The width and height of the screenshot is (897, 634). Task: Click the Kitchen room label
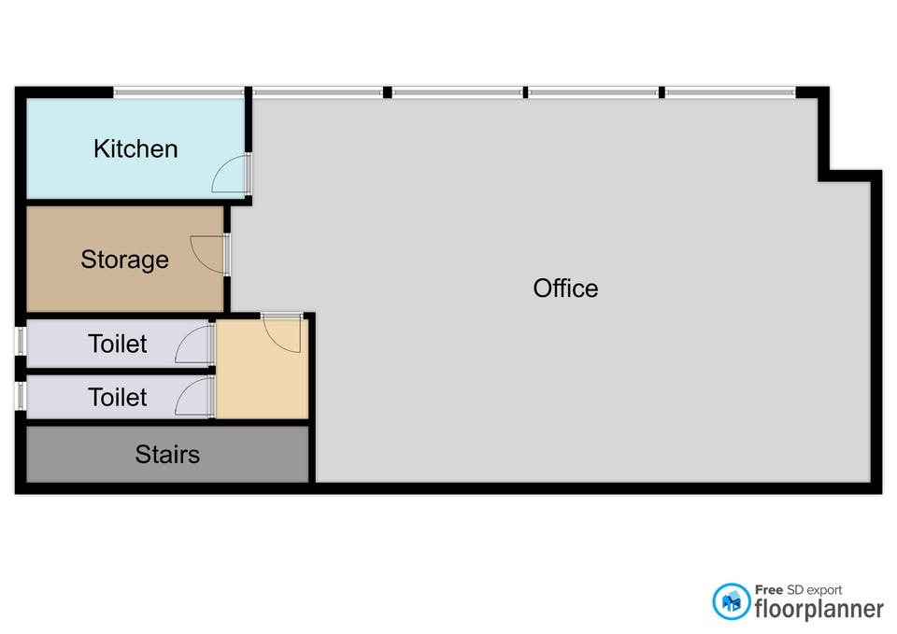[135, 148]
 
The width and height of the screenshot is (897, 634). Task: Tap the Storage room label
[124, 260]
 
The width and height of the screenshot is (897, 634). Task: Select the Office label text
[565, 288]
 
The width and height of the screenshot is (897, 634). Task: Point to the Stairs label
[167, 455]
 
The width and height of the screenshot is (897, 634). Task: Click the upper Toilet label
[118, 344]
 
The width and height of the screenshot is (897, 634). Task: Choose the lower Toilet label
[118, 397]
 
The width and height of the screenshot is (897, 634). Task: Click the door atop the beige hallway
[281, 332]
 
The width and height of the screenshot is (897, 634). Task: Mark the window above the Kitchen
[179, 92]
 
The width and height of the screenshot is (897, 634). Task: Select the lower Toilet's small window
[20, 395]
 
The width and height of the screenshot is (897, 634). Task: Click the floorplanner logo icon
[732, 602]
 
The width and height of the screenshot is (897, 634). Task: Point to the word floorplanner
[819, 609]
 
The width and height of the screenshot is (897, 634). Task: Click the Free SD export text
[798, 590]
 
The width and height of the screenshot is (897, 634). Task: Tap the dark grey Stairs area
[84, 455]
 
